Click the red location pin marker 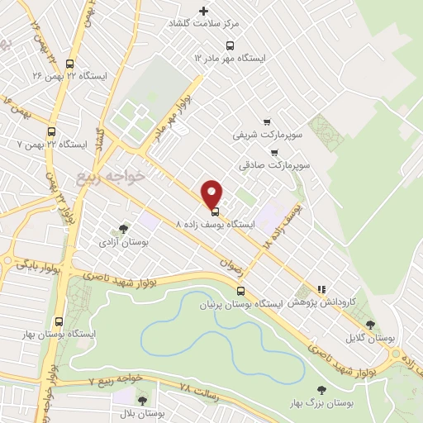pyautogui.click(x=213, y=193)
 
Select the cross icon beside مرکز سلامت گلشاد pyautogui.click(x=203, y=11)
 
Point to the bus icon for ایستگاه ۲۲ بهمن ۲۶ pyautogui.click(x=69, y=63)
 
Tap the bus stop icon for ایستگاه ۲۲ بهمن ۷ pyautogui.click(x=52, y=131)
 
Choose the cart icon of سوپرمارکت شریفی pyautogui.click(x=266, y=121)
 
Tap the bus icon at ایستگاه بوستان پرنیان pyautogui.click(x=241, y=291)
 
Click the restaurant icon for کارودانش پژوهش pyautogui.click(x=321, y=290)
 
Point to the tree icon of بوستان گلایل pyautogui.click(x=369, y=325)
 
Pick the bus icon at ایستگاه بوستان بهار pyautogui.click(x=59, y=321)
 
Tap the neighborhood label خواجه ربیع pyautogui.click(x=109, y=177)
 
